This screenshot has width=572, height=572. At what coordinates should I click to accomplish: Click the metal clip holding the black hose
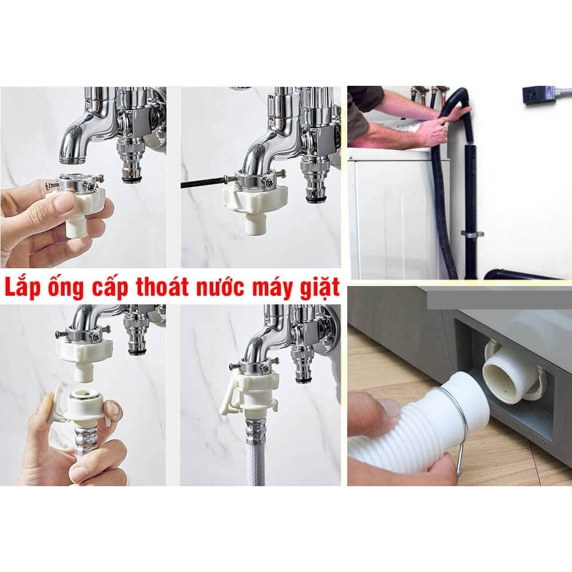point(472,233)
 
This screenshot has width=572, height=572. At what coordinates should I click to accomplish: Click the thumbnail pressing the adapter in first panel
point(63,202)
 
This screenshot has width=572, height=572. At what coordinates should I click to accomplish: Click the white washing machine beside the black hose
point(395,212)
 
